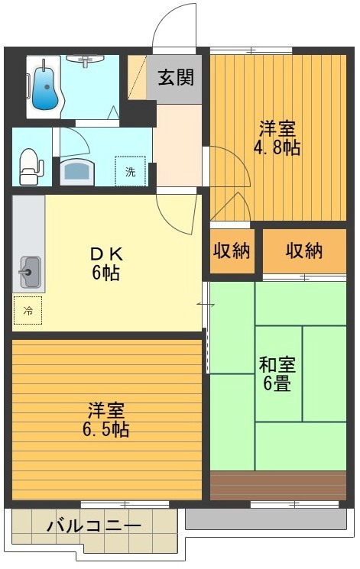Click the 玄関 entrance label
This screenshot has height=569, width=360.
(176, 77)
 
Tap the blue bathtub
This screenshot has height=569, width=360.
(46, 88)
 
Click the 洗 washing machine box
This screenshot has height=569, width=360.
(130, 171)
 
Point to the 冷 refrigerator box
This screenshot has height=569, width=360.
(28, 311)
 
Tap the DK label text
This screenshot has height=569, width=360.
(106, 254)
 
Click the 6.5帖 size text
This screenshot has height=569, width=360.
(106, 429)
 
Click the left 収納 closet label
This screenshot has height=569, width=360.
(232, 251)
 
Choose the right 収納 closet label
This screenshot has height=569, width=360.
(304, 251)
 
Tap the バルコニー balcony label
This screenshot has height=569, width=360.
(94, 526)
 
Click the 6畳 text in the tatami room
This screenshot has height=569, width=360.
(277, 383)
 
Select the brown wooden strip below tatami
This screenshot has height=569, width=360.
(278, 486)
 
